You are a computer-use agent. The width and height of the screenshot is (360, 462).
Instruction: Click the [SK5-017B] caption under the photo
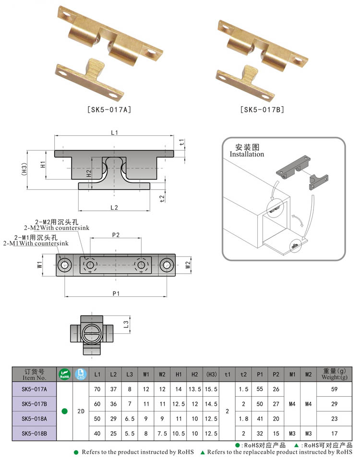(x=262, y=109)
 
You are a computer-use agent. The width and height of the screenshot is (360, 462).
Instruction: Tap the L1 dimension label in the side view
(x=114, y=133)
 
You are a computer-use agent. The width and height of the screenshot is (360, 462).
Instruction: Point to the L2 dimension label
(x=114, y=207)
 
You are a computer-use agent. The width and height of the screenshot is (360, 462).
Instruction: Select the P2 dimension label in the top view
(x=115, y=235)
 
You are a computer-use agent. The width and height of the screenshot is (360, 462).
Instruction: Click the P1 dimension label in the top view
(x=115, y=293)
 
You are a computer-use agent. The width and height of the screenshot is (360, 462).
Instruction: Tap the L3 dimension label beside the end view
(x=125, y=325)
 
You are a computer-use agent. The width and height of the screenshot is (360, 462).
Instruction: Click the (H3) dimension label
(x=24, y=169)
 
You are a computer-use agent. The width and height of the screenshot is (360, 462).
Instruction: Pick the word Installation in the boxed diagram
(x=247, y=154)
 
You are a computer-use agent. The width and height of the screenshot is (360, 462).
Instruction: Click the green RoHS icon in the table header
(x=64, y=374)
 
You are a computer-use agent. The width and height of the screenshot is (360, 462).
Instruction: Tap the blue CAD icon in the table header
(x=81, y=374)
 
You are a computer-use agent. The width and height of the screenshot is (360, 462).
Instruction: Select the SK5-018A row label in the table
(x=34, y=419)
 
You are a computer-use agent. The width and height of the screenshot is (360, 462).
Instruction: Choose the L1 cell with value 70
(x=97, y=389)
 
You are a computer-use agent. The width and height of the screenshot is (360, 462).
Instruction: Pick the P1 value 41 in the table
(x=260, y=419)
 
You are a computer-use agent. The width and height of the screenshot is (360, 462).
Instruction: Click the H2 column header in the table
(x=195, y=374)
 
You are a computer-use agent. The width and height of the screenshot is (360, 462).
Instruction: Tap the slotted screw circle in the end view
(x=92, y=331)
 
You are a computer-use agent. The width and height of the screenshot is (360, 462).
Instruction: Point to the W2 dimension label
(x=189, y=265)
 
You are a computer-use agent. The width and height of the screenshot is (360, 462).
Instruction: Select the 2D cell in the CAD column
(x=81, y=411)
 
